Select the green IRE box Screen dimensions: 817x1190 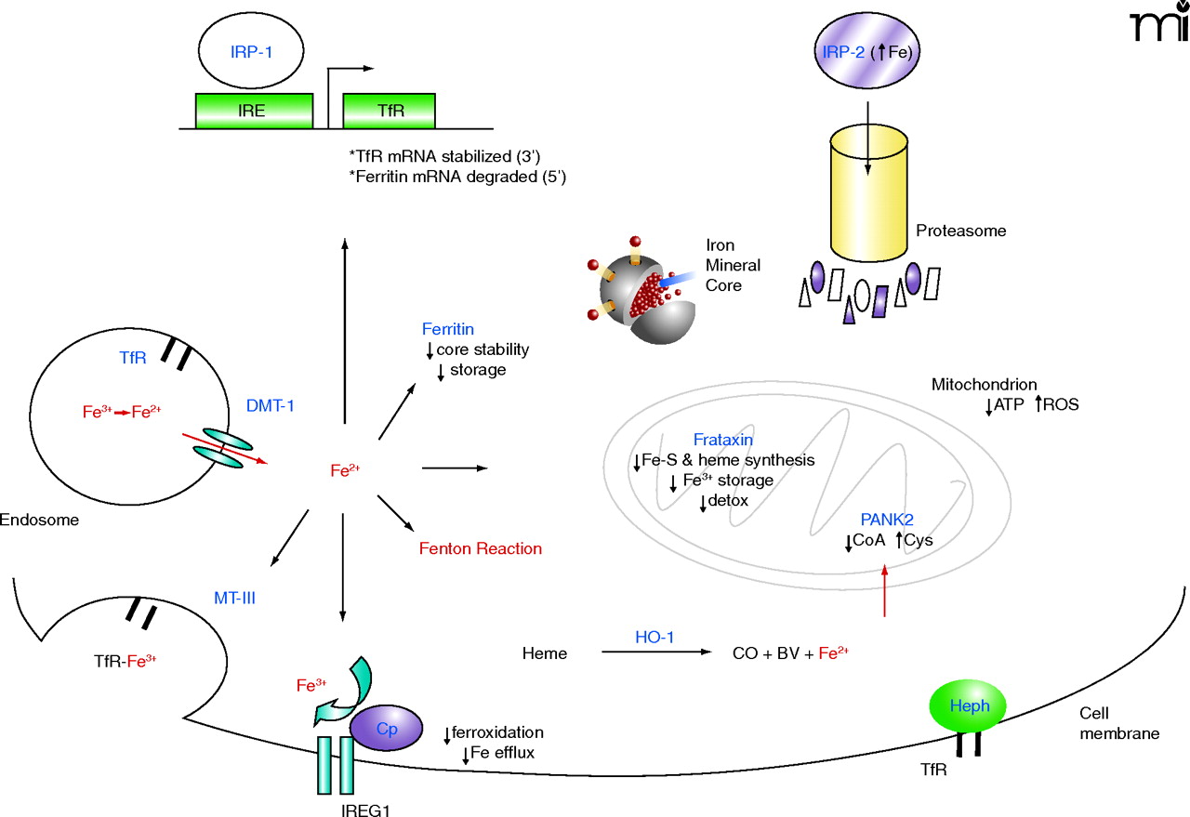click(x=253, y=111)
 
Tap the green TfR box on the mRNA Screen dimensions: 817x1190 click(x=390, y=111)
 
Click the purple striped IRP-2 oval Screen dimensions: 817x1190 click(x=866, y=53)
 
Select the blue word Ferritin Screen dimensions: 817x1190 click(x=447, y=330)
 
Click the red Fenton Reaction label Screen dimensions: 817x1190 click(x=481, y=548)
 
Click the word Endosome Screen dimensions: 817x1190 click(x=39, y=520)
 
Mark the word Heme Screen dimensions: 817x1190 click(x=544, y=653)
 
